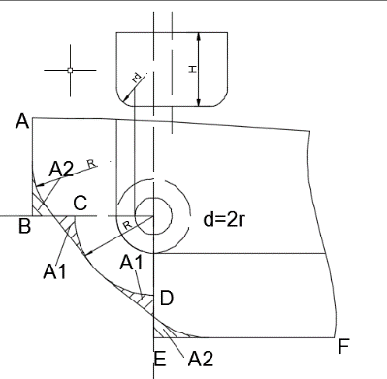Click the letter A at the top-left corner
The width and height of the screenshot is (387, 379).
point(22,122)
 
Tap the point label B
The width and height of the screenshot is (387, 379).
point(25,226)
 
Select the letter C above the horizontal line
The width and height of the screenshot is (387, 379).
point(81,204)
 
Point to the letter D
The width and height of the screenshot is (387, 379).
point(167,299)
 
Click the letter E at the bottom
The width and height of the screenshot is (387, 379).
point(160,359)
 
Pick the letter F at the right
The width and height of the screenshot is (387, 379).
point(343,346)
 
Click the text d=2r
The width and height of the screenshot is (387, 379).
point(224,220)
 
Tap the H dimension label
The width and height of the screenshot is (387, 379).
point(193,69)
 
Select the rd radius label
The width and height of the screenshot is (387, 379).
point(137,78)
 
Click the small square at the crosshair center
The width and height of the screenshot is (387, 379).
point(70,70)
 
